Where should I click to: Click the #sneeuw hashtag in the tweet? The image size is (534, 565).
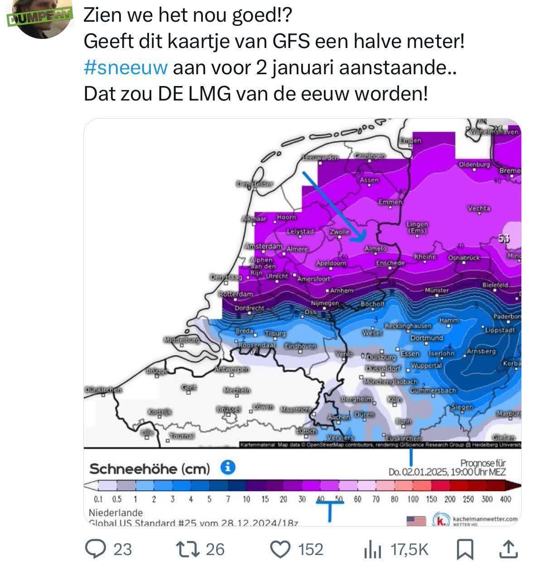coord(125,68)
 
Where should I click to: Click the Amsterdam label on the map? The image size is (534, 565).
coord(263,246)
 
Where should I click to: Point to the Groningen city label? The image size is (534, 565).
coord(370,156)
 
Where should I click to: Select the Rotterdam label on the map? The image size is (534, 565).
coord(236,294)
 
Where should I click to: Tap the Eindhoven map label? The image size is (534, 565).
coord(300,346)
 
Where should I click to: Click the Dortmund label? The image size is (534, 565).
coord(427,338)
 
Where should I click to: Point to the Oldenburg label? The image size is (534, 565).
coord(474,164)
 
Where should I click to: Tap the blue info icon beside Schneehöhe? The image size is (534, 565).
coord(228,467)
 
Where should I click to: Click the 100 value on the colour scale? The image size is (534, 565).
coord(413,499)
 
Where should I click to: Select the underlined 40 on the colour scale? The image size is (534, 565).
coord(320,499)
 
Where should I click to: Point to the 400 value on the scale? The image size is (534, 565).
coord(505,499)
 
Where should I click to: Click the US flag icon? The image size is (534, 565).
coord(417,521)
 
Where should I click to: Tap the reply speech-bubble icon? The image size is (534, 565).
coord(96,549)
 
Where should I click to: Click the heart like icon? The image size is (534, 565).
coord(280,549)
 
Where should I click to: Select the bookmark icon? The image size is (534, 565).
coord(465,550)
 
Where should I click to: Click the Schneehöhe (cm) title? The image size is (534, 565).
coord(149,469)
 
